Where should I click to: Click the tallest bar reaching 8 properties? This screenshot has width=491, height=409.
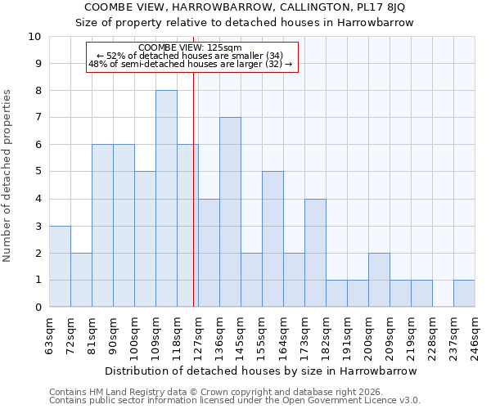(x=166, y=199)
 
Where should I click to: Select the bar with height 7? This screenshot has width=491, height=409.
(x=230, y=213)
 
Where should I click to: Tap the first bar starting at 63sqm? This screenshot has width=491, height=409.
(x=60, y=267)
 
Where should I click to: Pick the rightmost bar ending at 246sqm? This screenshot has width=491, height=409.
(x=464, y=294)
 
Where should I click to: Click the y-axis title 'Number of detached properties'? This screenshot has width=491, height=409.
(x=8, y=176)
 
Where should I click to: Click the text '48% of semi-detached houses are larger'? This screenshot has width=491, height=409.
(x=190, y=64)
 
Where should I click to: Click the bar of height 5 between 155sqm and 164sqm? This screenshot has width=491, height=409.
(x=273, y=239)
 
